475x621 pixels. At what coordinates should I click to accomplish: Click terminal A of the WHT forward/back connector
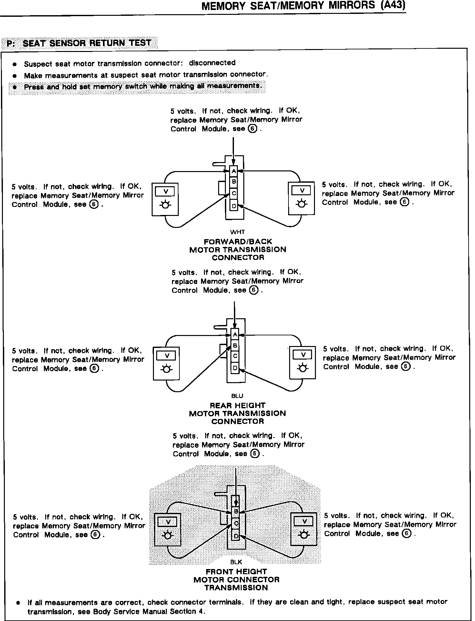click(x=234, y=171)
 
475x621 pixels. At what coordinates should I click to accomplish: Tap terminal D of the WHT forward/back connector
click(x=234, y=206)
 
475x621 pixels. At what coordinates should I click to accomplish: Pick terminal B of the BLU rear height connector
click(x=235, y=346)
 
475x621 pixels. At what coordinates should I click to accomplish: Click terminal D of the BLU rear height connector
click(x=235, y=368)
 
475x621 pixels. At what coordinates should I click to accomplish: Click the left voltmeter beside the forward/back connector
click(x=165, y=199)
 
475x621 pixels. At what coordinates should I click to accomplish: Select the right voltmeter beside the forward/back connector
click(x=301, y=198)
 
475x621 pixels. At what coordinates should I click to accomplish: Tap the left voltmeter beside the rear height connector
click(x=167, y=363)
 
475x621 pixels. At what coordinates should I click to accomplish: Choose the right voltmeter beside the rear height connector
click(x=303, y=362)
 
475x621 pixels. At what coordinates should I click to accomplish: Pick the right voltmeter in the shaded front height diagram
click(x=304, y=528)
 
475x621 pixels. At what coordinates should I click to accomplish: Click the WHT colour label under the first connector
click(x=237, y=232)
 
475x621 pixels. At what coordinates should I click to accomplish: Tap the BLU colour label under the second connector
click(x=237, y=396)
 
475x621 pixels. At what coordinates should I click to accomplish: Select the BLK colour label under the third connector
click(x=236, y=562)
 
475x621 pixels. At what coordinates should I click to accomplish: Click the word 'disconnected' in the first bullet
click(x=212, y=63)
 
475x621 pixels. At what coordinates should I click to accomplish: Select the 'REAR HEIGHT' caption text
click(x=237, y=405)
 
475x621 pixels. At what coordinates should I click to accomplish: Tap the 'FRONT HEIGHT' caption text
click(x=237, y=571)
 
